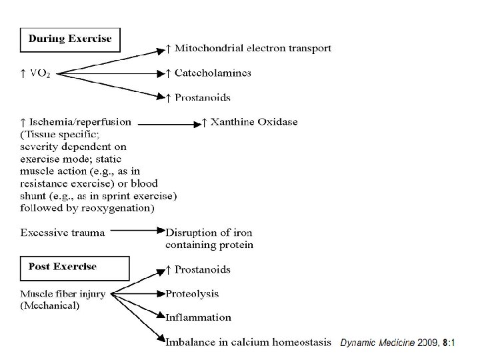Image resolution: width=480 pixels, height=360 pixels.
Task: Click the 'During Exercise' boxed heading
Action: (70, 39)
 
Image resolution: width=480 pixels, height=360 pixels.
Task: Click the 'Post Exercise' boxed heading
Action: (62, 267)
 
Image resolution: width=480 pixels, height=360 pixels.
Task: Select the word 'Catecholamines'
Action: (213, 73)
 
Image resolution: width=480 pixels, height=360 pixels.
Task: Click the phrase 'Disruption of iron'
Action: (209, 233)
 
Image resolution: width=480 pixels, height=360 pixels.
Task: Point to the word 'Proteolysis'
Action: (193, 293)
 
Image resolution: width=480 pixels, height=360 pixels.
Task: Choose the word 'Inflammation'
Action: (199, 317)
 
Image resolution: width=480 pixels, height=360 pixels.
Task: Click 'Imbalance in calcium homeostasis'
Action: (248, 342)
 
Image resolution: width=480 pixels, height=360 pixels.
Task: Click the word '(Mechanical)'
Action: (50, 306)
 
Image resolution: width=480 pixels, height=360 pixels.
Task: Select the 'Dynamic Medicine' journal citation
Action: (377, 343)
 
